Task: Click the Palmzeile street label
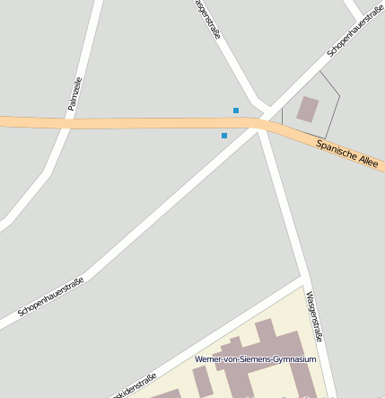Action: coord(74,93)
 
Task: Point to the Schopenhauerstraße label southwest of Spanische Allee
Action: coord(50,297)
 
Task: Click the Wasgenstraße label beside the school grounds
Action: coord(313,316)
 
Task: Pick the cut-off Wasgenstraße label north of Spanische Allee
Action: coord(207,19)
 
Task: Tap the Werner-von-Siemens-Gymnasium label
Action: coord(256,359)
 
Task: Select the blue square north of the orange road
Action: coord(236,111)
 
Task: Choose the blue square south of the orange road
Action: coord(224,136)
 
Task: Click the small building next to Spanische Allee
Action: coord(308,110)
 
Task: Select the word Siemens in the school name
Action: coord(256,359)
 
